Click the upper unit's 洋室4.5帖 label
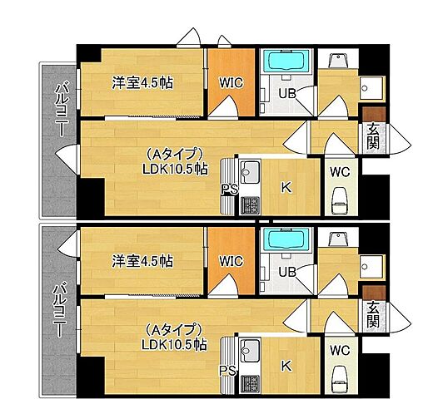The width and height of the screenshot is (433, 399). [142, 83]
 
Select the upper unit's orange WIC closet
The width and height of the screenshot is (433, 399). [230, 82]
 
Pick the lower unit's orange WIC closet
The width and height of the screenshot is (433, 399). [230, 261]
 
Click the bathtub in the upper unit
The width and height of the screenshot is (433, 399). [286, 62]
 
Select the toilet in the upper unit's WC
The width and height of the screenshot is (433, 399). [340, 202]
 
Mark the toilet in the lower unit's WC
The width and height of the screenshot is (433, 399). [340, 378]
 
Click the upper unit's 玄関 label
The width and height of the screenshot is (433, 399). [372, 136]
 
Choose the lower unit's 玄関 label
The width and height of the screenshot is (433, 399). [372, 313]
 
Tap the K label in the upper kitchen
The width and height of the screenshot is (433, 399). [285, 188]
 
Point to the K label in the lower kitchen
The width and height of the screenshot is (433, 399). [285, 366]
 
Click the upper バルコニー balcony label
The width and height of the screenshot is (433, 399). [60, 111]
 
